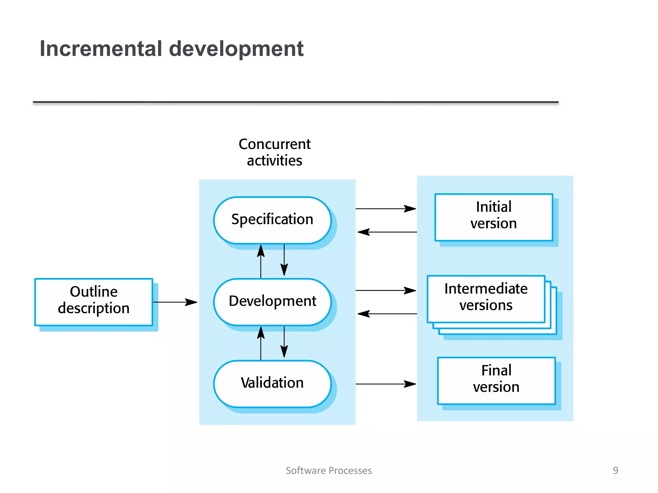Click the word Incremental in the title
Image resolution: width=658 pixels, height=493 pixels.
[x=101, y=49]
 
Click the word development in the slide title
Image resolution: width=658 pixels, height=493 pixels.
[x=236, y=49]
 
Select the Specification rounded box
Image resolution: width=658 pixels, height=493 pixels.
[x=272, y=220]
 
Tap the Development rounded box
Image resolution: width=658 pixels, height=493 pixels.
[x=272, y=302]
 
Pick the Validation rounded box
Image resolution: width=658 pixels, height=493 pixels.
[x=272, y=383]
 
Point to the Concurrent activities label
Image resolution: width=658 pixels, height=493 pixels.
[x=274, y=152]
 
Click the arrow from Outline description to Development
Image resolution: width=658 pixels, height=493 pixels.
[x=175, y=302]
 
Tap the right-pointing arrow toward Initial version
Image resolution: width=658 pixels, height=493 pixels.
[x=386, y=209]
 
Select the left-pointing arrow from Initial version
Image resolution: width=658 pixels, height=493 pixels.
[x=387, y=232]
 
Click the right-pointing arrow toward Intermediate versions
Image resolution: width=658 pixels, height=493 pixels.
[x=386, y=290]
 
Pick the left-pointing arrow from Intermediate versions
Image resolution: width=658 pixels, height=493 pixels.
[x=387, y=314]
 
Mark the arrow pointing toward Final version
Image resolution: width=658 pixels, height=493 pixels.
[x=386, y=384]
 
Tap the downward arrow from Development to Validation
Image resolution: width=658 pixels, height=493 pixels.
[x=284, y=342]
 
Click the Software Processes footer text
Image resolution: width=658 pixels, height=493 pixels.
[x=329, y=471]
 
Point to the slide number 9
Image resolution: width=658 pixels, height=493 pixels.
[x=615, y=471]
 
